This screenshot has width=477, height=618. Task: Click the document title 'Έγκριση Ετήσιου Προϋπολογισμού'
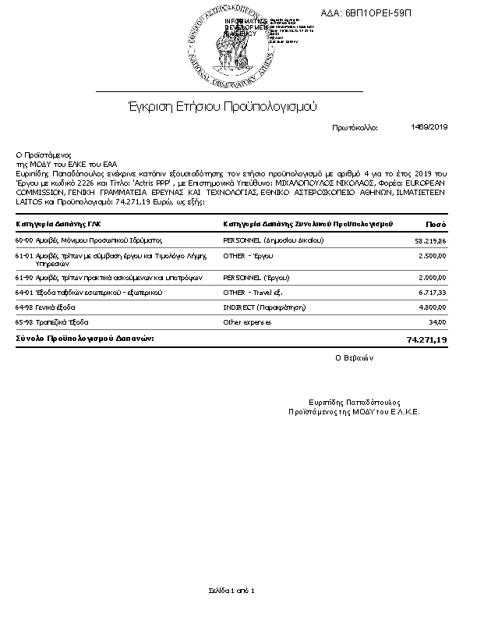(222, 105)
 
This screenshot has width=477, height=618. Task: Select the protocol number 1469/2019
(429, 126)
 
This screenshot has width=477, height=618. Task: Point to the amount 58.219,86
(430, 242)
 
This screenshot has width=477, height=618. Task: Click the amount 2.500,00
(432, 256)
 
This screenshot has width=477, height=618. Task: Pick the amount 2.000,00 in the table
(432, 278)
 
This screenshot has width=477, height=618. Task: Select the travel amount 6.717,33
(431, 293)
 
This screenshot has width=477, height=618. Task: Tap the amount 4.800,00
(432, 307)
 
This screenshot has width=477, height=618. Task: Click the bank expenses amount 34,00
(437, 322)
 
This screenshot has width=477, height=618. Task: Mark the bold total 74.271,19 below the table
(426, 340)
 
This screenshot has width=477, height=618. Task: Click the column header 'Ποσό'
(436, 225)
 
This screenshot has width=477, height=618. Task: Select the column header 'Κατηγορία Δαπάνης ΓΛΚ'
(58, 225)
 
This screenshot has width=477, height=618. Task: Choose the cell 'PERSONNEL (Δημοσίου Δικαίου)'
(274, 240)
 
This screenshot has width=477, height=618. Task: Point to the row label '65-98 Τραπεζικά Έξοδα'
(52, 321)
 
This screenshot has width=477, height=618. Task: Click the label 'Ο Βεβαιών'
(355, 359)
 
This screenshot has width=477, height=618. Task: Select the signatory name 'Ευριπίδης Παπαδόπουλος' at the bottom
(354, 401)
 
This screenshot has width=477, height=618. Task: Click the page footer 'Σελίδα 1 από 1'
(231, 590)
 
